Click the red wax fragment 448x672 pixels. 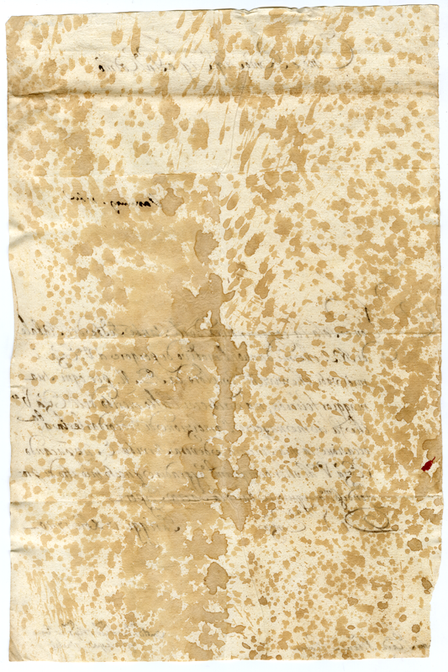(x=427, y=463)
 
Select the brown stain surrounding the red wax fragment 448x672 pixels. (x=430, y=454)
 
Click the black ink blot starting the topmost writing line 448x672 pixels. (x=98, y=63)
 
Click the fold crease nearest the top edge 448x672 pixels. (x=224, y=99)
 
